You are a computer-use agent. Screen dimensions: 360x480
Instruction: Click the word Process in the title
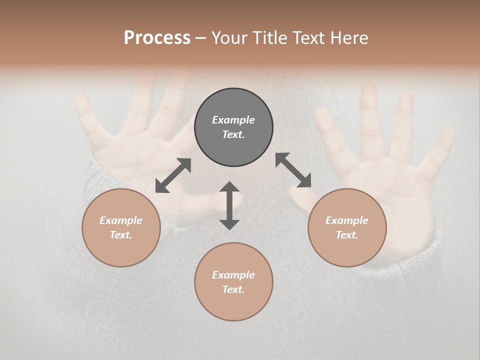[x=157, y=38]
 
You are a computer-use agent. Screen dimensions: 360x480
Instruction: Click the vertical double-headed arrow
[x=229, y=205]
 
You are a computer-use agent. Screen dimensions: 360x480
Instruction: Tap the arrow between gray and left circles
[x=173, y=175]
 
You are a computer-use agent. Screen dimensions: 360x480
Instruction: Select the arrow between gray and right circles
[x=293, y=170]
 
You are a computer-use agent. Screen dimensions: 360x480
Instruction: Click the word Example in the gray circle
[x=233, y=120]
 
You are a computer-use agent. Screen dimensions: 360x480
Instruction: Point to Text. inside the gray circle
[x=233, y=134]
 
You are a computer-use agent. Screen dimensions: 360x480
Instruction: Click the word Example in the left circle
[x=121, y=220]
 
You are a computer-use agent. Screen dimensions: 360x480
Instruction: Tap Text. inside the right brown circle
[x=347, y=235]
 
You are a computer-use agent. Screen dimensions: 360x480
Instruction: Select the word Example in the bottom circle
[x=233, y=275]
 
